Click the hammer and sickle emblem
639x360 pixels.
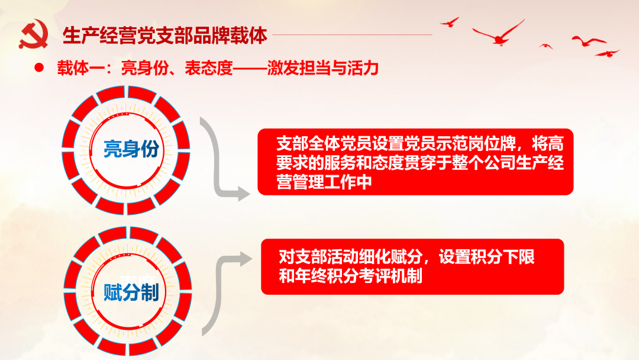coord(33,36)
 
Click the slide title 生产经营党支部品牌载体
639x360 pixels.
coord(165,36)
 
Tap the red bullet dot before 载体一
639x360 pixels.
coord(39,68)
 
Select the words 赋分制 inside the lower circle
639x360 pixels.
coord(131,292)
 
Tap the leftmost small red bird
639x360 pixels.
coord(450,22)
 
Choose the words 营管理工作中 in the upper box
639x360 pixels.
coord(324,182)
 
